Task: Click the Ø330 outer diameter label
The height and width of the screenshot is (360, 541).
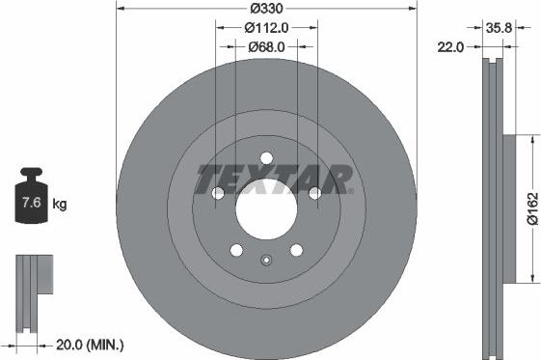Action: pos(266,9)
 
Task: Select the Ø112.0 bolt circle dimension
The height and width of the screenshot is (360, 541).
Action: pos(266,28)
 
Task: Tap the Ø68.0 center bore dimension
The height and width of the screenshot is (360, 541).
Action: pos(266,46)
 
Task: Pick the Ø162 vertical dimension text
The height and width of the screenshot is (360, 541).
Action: pos(529,208)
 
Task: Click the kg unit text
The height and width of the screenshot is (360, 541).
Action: pos(60,205)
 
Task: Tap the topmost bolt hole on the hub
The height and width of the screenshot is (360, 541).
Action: pos(267,159)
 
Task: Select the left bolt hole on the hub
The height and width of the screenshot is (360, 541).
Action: pos(218,194)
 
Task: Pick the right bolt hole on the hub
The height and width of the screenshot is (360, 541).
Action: pos(314,194)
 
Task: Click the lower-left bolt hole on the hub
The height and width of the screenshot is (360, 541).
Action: pos(237,251)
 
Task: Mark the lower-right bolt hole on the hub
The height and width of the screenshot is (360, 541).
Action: pos(296,251)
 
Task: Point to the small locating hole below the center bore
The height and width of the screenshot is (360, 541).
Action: pos(266,259)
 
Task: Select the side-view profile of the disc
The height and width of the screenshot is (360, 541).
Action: pos(494,208)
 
